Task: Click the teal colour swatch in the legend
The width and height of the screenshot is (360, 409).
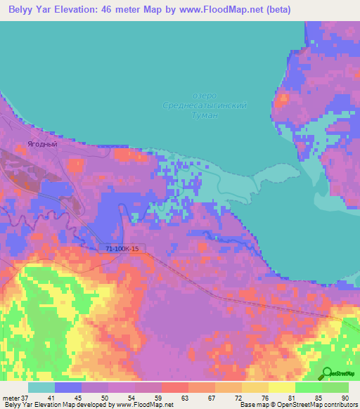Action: point(41,387)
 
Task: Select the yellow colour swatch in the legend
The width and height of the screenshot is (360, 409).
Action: point(281,387)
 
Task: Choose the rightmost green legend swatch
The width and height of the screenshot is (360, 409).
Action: point(335,387)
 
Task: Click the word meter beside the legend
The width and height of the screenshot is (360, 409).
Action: point(11,398)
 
